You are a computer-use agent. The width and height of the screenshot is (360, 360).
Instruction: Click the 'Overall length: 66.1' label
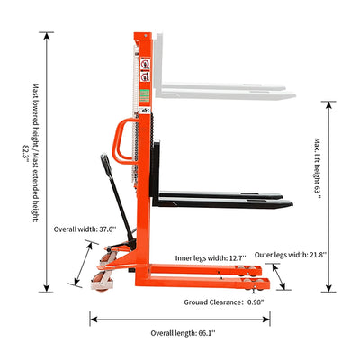(183, 333)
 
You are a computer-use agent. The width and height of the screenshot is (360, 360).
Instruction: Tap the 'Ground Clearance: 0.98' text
(224, 302)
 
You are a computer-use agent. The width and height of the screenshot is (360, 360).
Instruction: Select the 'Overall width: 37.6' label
(85, 229)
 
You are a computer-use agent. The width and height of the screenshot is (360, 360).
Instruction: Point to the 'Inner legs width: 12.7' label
(211, 258)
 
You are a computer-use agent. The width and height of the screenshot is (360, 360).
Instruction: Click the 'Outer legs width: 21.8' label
(291, 255)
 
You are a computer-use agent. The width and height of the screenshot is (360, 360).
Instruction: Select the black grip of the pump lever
(106, 165)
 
